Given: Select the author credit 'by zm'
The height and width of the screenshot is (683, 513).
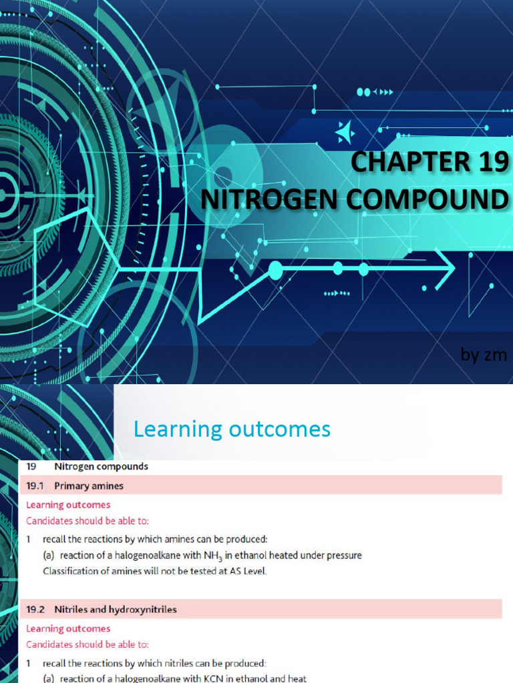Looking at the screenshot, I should [x=484, y=356].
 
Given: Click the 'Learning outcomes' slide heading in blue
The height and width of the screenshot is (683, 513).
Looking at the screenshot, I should [x=232, y=430].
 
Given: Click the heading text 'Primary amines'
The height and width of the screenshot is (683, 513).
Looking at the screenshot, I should [x=89, y=486].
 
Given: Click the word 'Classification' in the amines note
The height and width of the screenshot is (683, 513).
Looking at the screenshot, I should [x=71, y=571].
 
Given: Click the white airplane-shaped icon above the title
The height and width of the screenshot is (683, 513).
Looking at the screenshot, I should [x=345, y=133].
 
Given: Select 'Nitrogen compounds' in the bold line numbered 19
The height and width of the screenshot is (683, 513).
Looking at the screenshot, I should [x=102, y=467].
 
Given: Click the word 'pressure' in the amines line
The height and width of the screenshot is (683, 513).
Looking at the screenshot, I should [x=343, y=555].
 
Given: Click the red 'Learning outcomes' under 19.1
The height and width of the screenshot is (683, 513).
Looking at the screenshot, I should [x=68, y=505].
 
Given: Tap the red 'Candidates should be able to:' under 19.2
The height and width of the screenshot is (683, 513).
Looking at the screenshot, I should [x=88, y=644].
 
